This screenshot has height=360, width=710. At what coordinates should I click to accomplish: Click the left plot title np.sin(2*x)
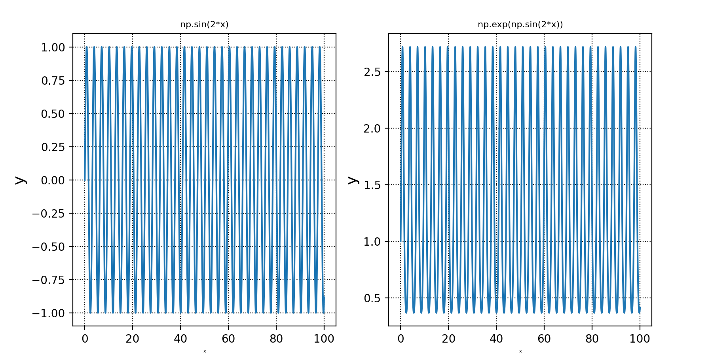click(204, 25)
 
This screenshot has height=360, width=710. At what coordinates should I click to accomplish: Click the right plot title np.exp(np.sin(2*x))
click(520, 25)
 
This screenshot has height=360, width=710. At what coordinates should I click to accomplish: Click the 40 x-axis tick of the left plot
click(180, 339)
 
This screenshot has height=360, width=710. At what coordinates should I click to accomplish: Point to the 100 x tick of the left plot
click(324, 339)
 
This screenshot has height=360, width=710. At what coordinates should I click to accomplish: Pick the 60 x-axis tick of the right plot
click(544, 339)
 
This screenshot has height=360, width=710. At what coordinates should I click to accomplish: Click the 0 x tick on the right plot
click(401, 339)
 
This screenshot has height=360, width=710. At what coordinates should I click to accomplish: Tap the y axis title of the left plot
click(20, 180)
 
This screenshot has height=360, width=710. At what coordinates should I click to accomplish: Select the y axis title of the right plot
click(352, 180)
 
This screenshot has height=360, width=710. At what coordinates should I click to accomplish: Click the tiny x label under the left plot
click(205, 351)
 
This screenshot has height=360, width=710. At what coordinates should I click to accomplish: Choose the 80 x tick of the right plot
click(592, 339)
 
